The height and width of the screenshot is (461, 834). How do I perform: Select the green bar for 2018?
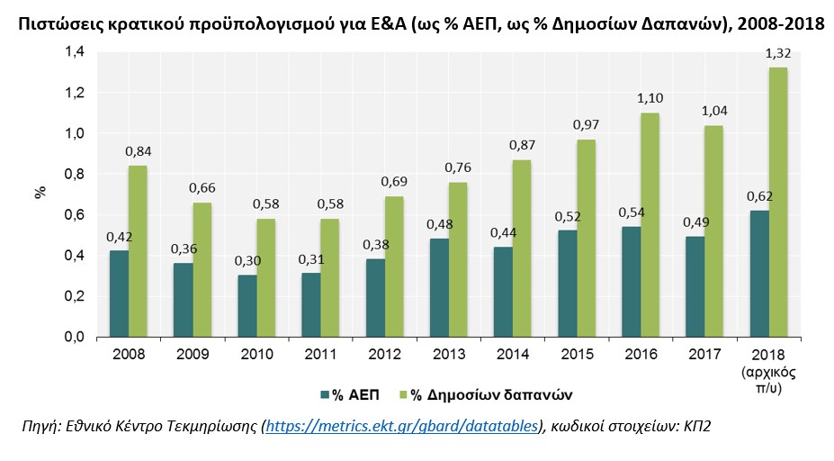click(x=777, y=202)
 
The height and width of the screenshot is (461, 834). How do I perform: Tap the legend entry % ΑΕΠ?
click(x=351, y=394)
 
